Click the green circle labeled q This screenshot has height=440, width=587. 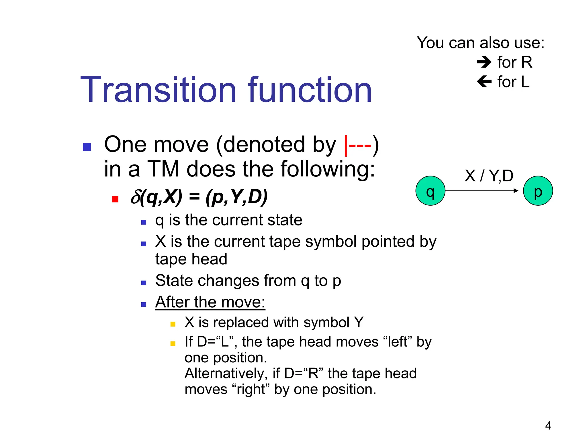[430, 191]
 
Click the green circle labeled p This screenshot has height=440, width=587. [538, 191]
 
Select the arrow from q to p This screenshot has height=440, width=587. [482, 190]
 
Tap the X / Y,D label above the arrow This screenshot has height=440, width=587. [489, 176]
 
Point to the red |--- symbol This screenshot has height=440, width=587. [357, 145]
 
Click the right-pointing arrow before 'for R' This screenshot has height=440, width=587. [484, 62]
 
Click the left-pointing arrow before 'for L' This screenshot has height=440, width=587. [484, 82]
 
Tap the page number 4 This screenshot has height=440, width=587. [548, 426]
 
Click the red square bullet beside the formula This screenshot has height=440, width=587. [115, 199]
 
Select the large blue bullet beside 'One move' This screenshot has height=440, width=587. [87, 147]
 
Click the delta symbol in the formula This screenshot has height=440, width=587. [135, 197]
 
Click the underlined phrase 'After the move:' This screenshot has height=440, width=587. [210, 302]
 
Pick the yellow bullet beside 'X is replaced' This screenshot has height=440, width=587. [173, 324]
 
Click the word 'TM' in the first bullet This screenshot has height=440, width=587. [163, 169]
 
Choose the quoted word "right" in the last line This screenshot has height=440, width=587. [251, 390]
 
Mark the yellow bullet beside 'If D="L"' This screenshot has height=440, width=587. [173, 343]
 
